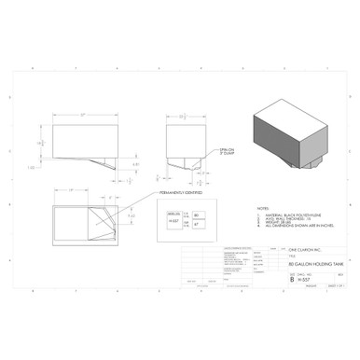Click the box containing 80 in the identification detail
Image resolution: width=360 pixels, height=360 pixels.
click(197, 215)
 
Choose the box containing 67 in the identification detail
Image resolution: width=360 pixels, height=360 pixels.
click(197, 225)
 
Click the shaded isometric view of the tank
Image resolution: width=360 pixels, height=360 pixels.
click(293, 135)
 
